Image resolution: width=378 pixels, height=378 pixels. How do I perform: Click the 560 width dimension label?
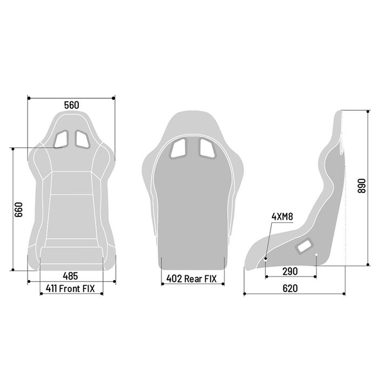[71, 106]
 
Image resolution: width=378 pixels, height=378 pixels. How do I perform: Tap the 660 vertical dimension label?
[18, 209]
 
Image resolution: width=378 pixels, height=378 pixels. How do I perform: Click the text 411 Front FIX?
[71, 289]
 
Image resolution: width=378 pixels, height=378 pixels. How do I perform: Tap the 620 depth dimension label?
[290, 288]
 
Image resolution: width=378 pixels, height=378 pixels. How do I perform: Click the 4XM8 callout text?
[282, 217]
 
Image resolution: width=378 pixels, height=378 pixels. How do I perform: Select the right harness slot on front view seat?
[82, 139]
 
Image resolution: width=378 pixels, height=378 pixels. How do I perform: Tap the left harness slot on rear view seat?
[179, 147]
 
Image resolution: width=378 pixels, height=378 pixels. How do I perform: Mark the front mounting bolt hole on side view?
[266, 259]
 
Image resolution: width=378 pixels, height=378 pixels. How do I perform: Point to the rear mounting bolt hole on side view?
[316, 257]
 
